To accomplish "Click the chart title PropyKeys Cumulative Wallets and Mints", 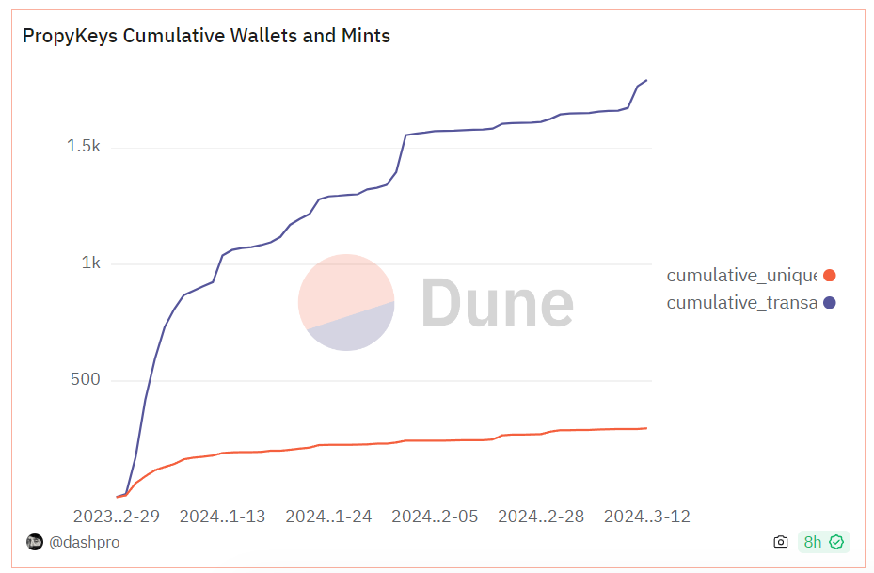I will pyautogui.click(x=206, y=36).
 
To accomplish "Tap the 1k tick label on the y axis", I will pyautogui.click(x=90, y=263).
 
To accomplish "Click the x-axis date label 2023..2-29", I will pyautogui.click(x=116, y=516).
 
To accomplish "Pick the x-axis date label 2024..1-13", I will pyautogui.click(x=222, y=516).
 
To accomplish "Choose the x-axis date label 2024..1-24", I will pyautogui.click(x=328, y=516).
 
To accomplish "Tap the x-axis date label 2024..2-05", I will pyautogui.click(x=435, y=516).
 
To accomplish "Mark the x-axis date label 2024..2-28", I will pyautogui.click(x=541, y=516).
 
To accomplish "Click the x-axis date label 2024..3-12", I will pyautogui.click(x=646, y=516).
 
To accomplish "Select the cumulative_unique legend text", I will pyautogui.click(x=741, y=276).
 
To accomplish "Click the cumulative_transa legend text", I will pyautogui.click(x=741, y=303).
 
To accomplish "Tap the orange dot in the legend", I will pyautogui.click(x=829, y=276).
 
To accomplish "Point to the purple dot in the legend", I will pyautogui.click(x=829, y=303).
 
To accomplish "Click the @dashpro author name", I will pyautogui.click(x=85, y=542).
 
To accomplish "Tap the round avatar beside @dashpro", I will pyautogui.click(x=35, y=542).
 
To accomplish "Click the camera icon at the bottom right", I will pyautogui.click(x=780, y=542).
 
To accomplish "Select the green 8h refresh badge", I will pyautogui.click(x=823, y=542).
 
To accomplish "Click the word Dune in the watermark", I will pyautogui.click(x=496, y=303).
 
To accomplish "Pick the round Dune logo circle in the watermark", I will pyautogui.click(x=346, y=302).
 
